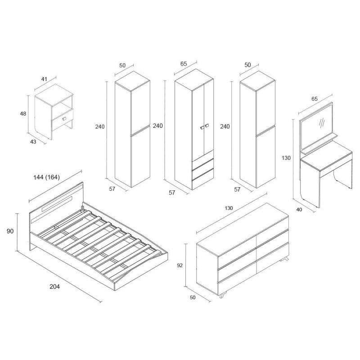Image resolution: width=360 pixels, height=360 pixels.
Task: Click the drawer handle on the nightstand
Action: pos(64,118)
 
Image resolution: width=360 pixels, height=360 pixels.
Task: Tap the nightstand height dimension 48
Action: pos(23,114)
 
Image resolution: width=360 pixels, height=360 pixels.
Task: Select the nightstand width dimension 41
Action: pos(44,79)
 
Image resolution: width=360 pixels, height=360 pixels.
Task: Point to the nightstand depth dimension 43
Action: pos(33,142)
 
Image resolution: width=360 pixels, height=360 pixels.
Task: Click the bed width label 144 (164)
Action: pos(47,177)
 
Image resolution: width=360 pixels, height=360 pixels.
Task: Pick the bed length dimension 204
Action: pos(54,286)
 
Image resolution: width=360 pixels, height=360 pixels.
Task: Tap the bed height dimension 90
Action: pos(10,231)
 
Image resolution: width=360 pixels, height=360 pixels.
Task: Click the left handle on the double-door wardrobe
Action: pos(202,128)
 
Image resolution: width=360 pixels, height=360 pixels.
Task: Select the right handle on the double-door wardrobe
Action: pos(207,126)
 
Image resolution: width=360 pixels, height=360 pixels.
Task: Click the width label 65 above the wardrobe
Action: pos(184,64)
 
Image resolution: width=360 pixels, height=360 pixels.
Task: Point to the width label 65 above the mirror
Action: pos(314,99)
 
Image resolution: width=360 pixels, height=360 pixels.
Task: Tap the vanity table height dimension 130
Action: pos(286,158)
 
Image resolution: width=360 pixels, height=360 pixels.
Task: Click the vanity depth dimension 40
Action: pos(299,209)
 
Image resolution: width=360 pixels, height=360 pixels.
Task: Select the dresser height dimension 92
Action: pos(180,265)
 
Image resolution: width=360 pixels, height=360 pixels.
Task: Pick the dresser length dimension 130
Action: pos(229,208)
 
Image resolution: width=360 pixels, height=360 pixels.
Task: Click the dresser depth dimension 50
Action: pos(193,297)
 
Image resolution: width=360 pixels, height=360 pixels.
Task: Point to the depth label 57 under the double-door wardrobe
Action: pos(172,193)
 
